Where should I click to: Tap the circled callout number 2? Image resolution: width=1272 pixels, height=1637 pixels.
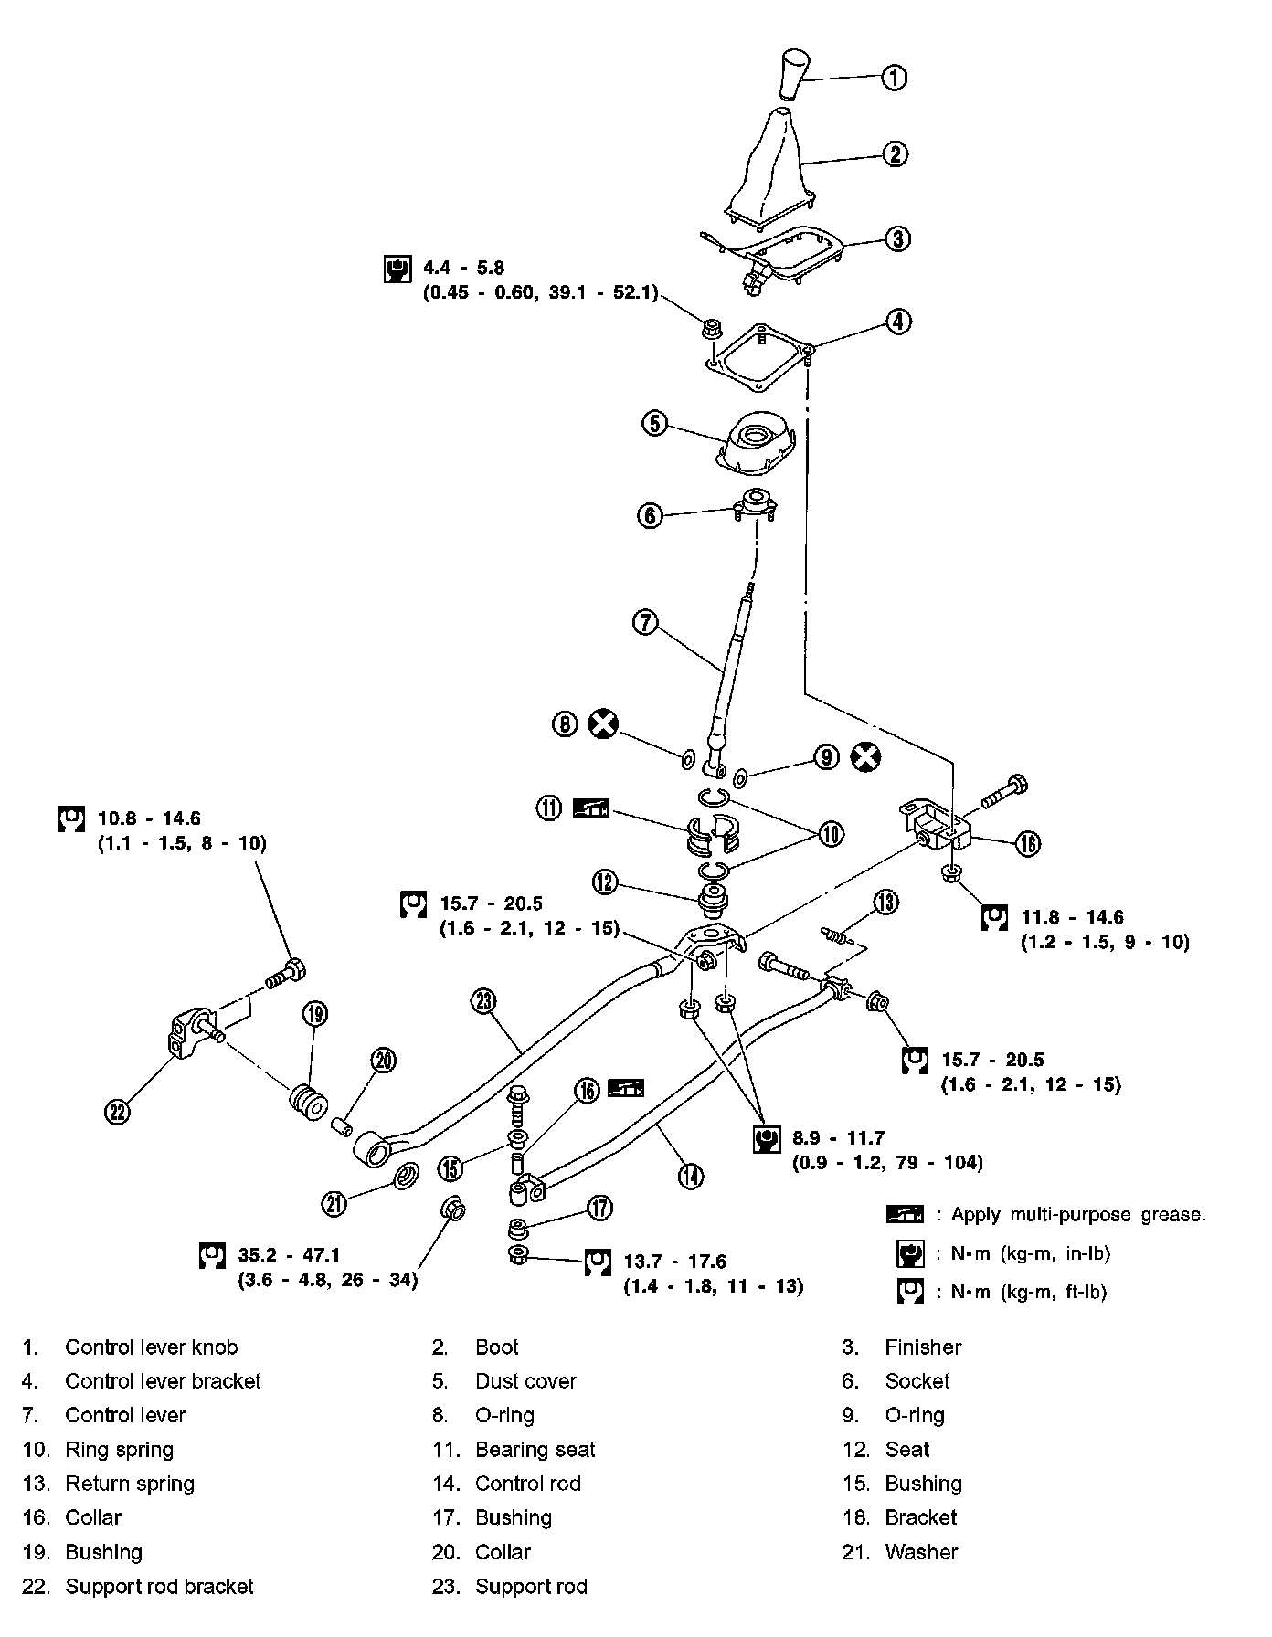(895, 153)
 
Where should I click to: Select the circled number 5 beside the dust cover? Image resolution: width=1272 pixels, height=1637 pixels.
(655, 423)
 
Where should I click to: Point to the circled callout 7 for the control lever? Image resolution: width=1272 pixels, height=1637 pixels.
(645, 623)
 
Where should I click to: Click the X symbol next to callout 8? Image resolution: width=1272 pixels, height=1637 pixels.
(602, 724)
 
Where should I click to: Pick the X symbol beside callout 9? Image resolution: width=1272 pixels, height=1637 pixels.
(864, 756)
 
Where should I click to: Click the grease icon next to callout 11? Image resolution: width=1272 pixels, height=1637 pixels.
(590, 808)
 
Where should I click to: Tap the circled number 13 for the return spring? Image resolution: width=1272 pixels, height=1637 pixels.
(885, 903)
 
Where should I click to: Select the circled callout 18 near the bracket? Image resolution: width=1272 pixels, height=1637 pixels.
(1027, 843)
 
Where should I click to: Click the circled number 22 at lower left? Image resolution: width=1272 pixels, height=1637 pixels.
(119, 1111)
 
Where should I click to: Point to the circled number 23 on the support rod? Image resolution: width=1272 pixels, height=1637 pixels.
(483, 1001)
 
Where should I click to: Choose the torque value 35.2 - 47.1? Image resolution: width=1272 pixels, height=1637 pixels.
(289, 1255)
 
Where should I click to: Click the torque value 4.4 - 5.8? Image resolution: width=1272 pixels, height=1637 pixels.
(464, 269)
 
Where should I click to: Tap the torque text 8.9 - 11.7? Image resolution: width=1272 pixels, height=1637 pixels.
(839, 1138)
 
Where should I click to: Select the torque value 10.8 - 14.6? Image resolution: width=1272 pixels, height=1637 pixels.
(149, 818)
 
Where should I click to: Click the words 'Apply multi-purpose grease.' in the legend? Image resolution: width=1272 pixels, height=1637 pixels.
(1078, 1215)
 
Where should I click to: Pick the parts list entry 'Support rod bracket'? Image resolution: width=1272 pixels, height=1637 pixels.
(159, 1586)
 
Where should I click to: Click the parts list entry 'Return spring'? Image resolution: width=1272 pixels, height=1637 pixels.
(130, 1484)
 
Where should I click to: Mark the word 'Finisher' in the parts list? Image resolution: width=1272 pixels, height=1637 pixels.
(923, 1347)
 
